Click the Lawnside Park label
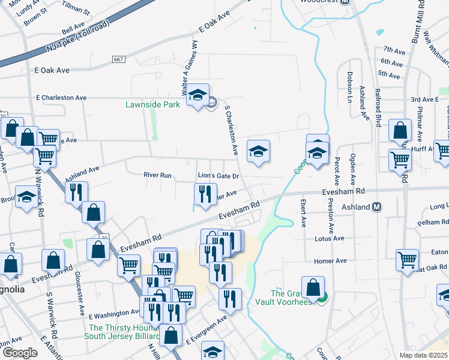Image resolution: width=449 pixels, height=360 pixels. coord(152,104)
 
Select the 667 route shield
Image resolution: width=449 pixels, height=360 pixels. coord(118,59)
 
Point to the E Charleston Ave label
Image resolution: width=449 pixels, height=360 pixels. coord(61,97)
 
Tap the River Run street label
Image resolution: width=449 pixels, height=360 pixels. coord(157,175)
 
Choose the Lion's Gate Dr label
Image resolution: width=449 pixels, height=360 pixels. coord(219,176)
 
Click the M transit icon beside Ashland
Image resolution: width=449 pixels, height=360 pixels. coord(377,207)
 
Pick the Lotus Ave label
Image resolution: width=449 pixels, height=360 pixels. coord(329,238)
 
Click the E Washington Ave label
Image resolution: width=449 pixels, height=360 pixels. coord(114,313)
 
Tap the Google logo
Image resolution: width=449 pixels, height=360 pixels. coord(20,352)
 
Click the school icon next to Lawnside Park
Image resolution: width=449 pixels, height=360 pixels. coord(197,96)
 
